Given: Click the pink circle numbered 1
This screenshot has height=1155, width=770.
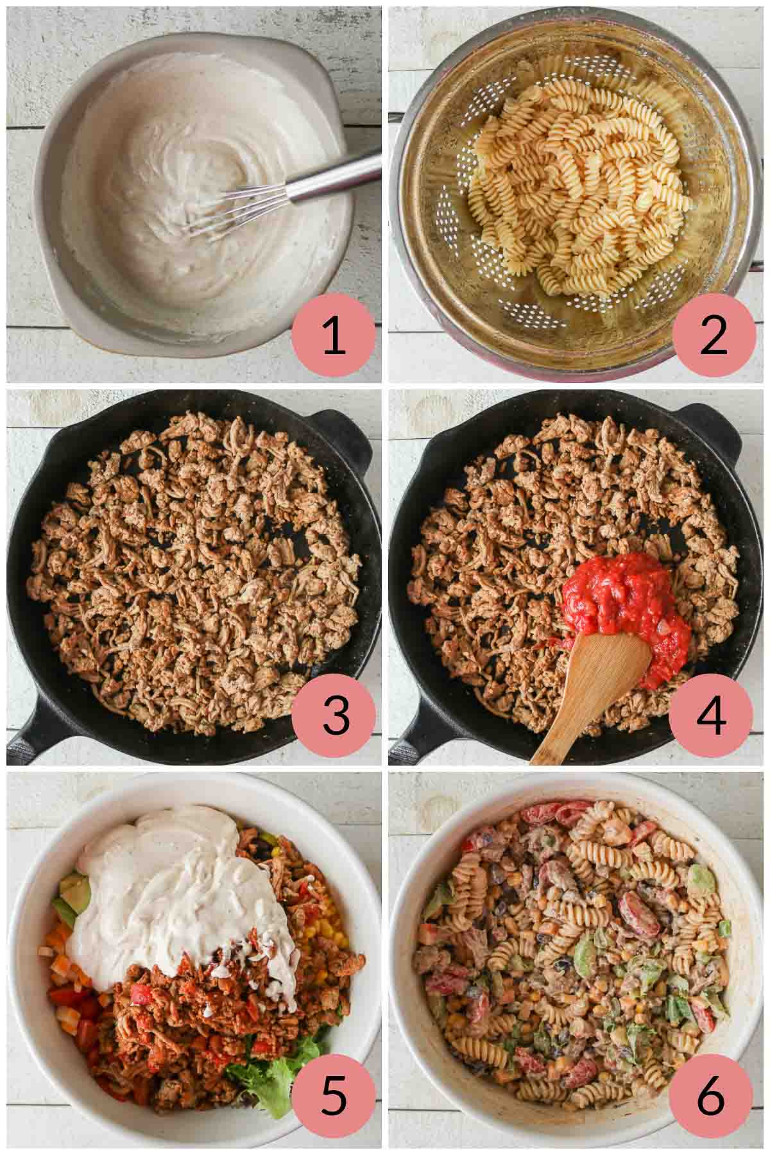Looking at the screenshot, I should coord(333,338).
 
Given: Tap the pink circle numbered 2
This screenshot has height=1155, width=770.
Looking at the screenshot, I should coord(713,338).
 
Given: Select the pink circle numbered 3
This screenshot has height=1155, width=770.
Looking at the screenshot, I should coord(333,716).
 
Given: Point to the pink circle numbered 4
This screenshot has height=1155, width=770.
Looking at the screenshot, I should coord(711,716).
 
